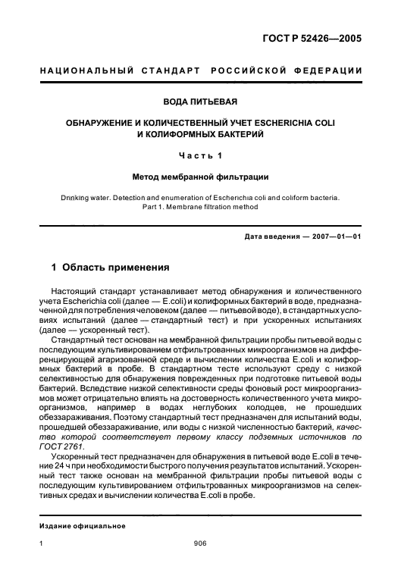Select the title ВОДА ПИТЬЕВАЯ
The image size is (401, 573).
point(200,101)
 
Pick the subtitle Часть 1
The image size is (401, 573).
point(200,156)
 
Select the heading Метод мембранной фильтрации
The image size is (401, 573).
point(200,177)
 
